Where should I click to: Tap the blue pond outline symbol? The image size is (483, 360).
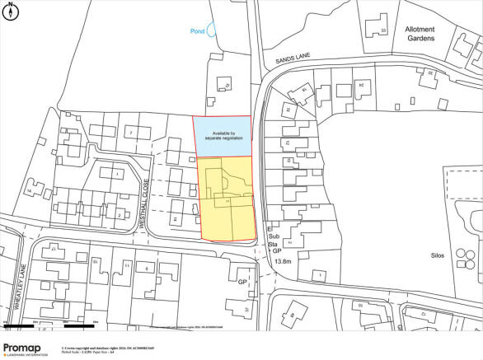211,30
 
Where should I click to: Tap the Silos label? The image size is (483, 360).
437,255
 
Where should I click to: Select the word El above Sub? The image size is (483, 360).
270,228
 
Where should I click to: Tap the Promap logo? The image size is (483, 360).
26,348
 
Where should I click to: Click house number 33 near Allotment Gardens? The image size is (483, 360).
382,31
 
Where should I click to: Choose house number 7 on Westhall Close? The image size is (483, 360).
130,133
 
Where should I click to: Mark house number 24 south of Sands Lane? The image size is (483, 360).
360,85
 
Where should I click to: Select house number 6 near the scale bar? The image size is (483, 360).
147,269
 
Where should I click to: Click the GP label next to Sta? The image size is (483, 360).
278,250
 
